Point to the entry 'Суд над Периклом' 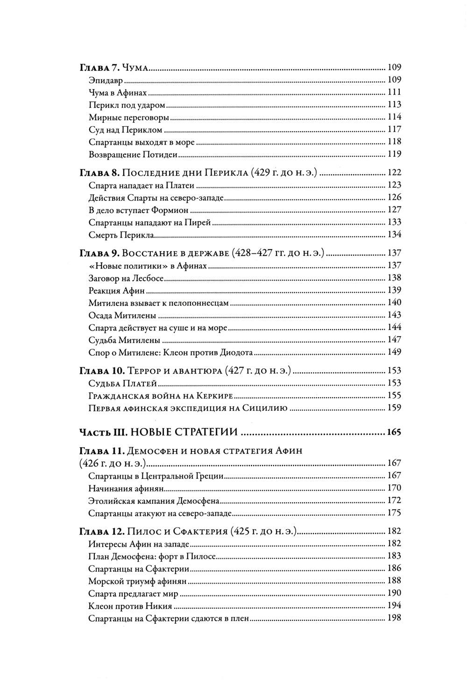click(x=125, y=129)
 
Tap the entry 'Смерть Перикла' click(x=121, y=235)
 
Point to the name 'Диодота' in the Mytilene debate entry click(x=236, y=352)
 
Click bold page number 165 click(x=394, y=432)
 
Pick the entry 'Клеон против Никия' click(x=130, y=606)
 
